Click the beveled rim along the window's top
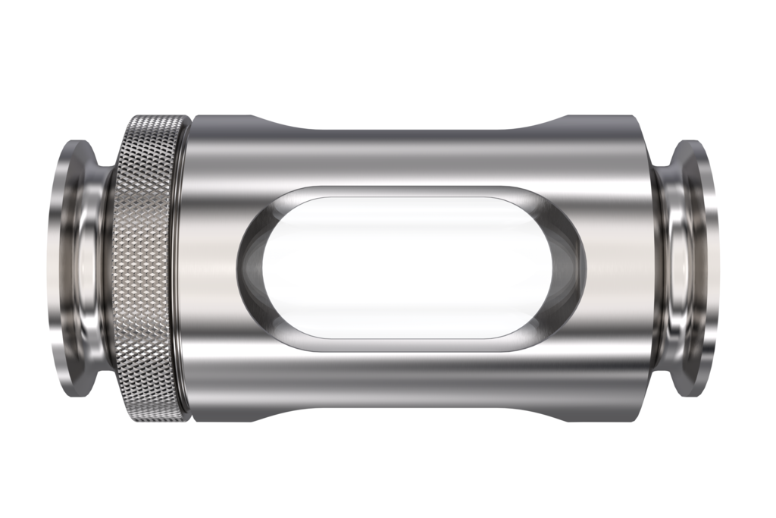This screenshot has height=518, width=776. point(411,192)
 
